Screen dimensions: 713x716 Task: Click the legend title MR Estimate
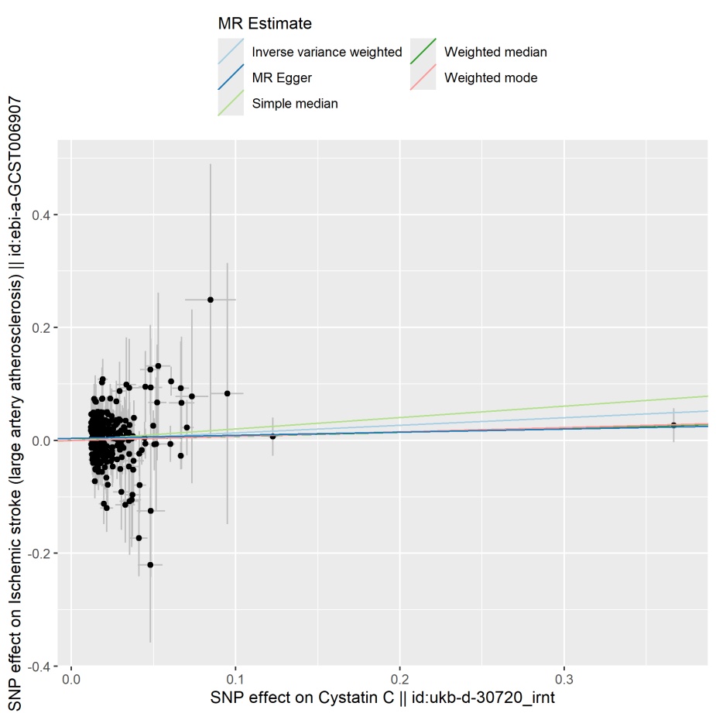[265, 24]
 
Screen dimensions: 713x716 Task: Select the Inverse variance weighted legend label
[327, 53]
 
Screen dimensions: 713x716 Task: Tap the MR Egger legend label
[282, 77]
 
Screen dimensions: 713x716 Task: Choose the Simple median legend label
[294, 103]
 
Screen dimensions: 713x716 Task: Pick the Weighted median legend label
[495, 53]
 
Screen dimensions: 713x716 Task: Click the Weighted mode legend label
[491, 77]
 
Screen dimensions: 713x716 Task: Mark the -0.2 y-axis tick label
[43, 554]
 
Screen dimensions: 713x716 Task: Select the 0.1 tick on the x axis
[235, 680]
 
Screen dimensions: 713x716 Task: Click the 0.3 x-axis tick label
[564, 680]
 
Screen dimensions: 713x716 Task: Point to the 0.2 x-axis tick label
[399, 680]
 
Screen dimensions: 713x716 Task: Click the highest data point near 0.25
[210, 300]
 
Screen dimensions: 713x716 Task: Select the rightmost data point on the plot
[673, 425]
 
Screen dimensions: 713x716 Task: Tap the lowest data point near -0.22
[150, 564]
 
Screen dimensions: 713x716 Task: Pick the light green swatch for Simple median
[231, 103]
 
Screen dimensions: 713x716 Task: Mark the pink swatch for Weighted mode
[423, 77]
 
